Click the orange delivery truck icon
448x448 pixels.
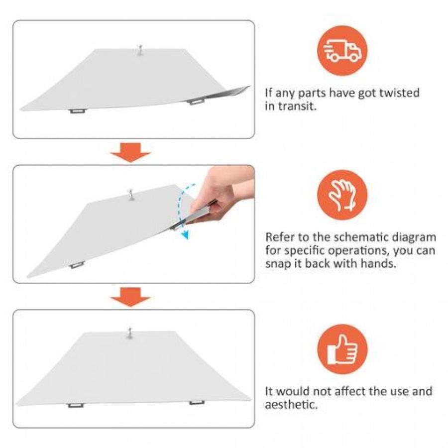342,51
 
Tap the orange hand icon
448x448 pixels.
342,195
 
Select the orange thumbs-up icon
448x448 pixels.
342,349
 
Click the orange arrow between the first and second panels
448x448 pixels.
130,152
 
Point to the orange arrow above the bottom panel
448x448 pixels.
130,297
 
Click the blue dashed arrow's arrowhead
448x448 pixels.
186,235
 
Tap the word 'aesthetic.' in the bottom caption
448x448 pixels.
291,405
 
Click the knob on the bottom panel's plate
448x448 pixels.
130,333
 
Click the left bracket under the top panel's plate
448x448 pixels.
78,111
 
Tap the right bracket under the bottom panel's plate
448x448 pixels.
197,403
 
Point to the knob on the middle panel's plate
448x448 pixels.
131,195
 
